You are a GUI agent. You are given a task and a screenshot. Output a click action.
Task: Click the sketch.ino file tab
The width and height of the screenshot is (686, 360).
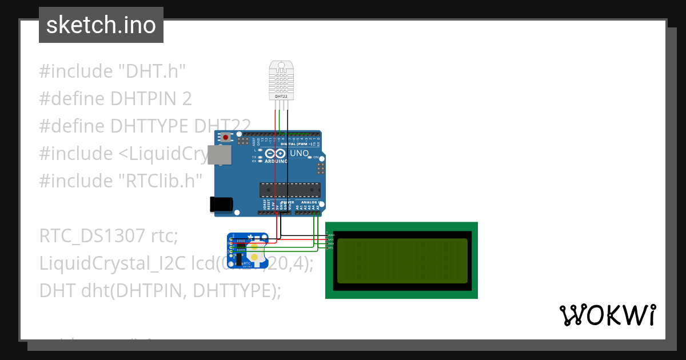point(101,25)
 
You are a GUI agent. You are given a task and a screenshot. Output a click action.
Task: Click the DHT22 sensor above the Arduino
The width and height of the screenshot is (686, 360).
point(281,80)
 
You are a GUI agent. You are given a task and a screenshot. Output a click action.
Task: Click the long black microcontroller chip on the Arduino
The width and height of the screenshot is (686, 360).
point(290,190)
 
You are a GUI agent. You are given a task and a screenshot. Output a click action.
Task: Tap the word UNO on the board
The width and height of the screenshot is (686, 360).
point(300,153)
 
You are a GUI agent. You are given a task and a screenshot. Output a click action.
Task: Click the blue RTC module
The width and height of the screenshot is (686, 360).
point(248,250)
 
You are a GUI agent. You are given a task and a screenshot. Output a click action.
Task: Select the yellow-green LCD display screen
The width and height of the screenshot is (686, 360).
point(402,261)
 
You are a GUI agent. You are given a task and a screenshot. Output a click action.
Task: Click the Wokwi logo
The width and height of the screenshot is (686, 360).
point(607,315)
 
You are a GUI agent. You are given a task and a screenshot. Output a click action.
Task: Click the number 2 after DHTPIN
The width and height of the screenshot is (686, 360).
point(186,99)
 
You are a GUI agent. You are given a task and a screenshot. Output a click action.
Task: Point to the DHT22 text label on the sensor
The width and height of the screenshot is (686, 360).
point(281,97)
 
